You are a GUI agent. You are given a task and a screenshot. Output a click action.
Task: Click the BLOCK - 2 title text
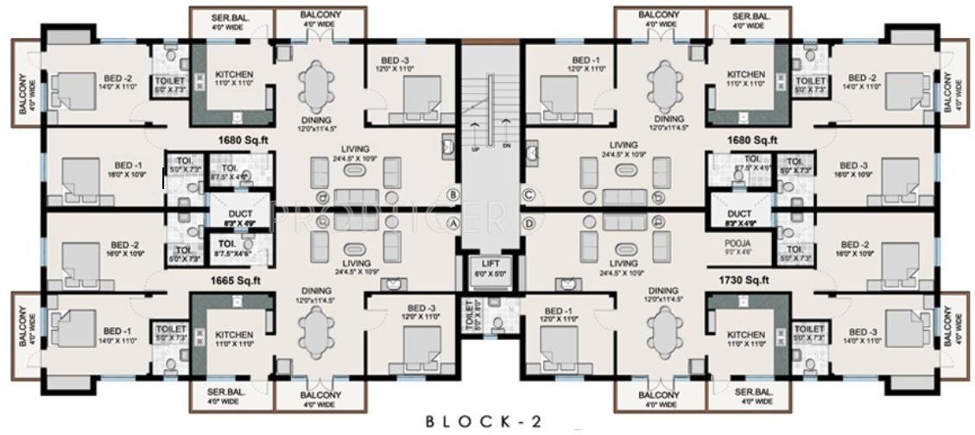pos(484,421)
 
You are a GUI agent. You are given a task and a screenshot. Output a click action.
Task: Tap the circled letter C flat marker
pos(529,194)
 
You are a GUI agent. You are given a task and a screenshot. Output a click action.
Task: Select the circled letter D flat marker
pos(529,223)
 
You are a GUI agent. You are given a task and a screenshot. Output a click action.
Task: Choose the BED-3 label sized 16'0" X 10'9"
pos(852,169)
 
